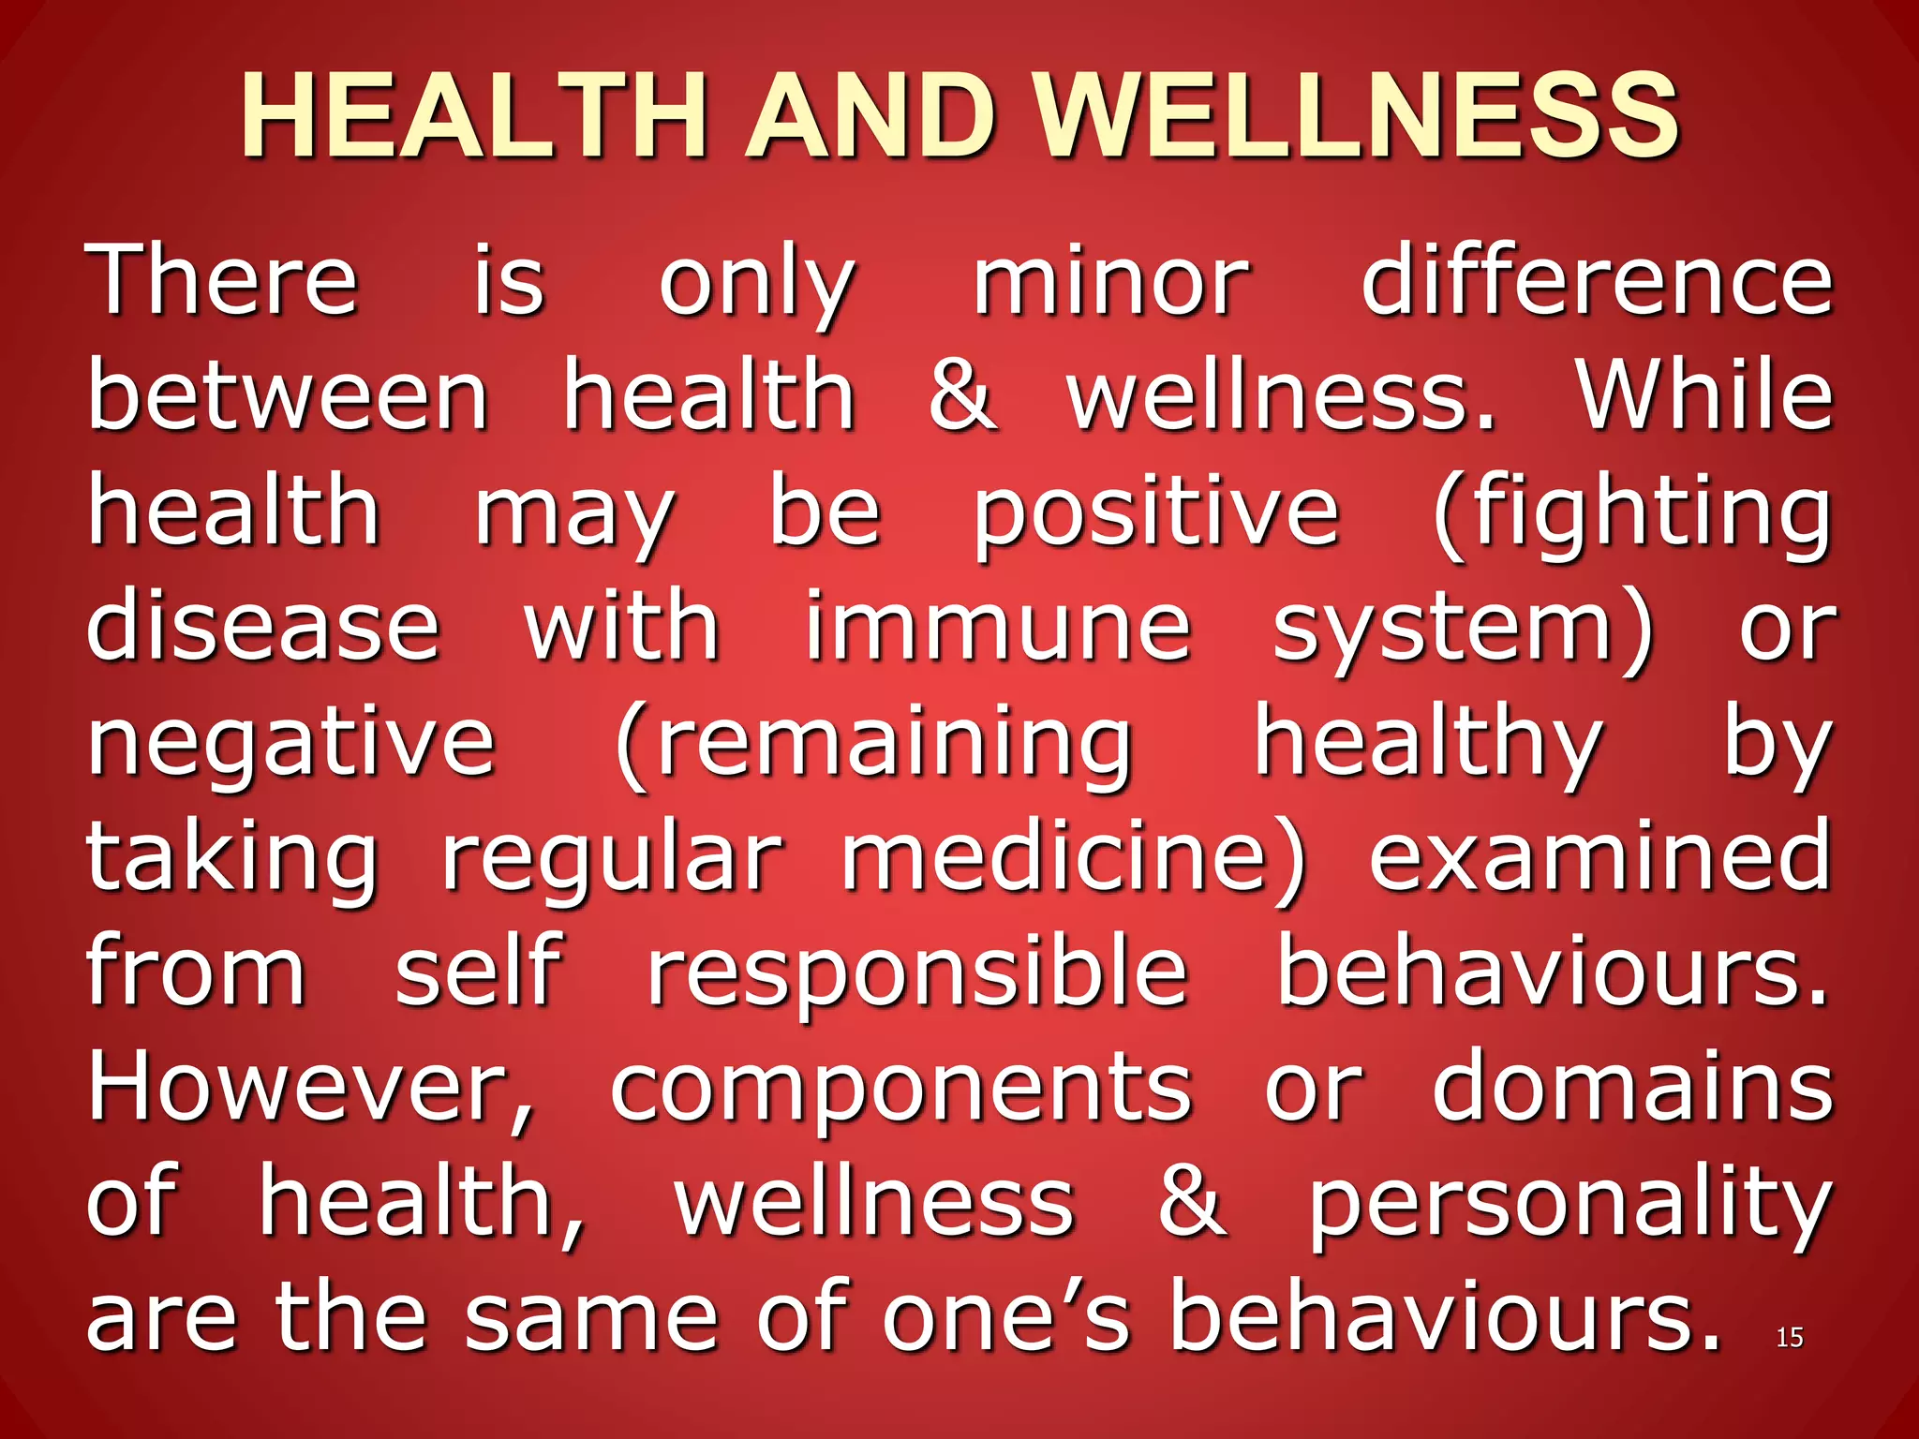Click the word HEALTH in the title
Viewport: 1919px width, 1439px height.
coord(474,116)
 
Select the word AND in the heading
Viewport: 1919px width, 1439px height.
coord(870,116)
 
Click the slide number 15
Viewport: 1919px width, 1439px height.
coord(1789,1338)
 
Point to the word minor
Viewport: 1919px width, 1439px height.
coord(1111,281)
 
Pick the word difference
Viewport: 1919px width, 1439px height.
coord(1597,281)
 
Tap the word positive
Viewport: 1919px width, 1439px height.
coord(1156,513)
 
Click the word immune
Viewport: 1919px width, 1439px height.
coord(998,626)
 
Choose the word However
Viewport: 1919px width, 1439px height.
coord(309,1087)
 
